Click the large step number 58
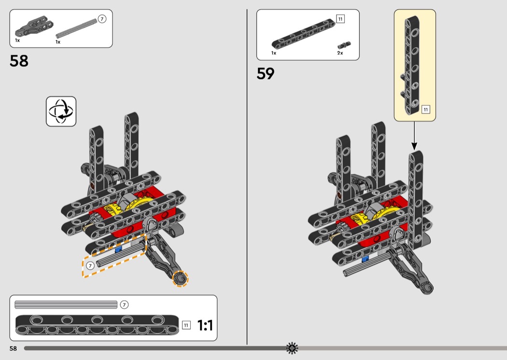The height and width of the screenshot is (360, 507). coord(19,61)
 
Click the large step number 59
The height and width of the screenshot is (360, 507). coord(266,73)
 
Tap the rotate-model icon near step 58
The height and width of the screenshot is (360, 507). coord(61,111)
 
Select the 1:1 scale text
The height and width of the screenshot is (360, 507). coord(205,326)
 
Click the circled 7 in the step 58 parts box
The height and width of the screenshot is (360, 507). coord(101,19)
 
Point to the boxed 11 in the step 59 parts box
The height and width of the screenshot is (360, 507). coord(340,19)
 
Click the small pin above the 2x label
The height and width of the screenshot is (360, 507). coord(344,45)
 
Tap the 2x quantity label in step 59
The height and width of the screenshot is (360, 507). coord(340,53)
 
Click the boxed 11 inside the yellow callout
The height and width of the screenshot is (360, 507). coord(425,110)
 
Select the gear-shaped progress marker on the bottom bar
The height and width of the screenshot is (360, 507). coord(292,348)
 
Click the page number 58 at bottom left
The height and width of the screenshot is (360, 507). coord(13,348)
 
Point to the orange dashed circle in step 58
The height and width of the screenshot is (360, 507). coord(180,278)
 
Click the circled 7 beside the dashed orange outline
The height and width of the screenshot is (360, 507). coord(90,265)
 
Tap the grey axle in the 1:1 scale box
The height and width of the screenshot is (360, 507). coord(66,305)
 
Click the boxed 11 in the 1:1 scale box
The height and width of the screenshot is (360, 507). coord(186,325)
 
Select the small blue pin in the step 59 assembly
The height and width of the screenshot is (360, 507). coord(365,259)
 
